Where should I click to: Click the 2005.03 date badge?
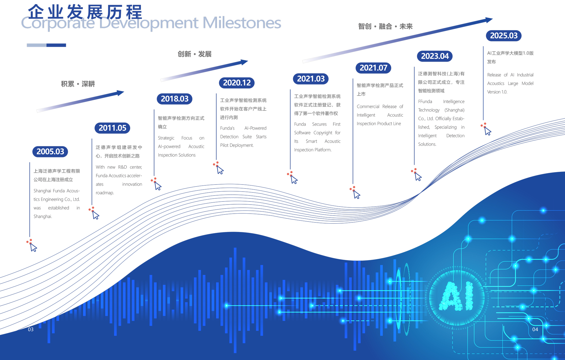coord(50,151)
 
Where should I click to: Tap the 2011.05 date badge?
coord(112,128)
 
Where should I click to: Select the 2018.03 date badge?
coord(175,99)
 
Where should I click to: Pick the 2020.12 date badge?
coord(237,83)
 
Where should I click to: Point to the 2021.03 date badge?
coord(311,79)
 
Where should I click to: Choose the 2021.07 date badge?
coord(373,68)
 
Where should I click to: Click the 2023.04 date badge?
coord(435,56)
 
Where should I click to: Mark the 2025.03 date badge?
coord(504,36)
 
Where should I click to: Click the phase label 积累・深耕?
coord(78,84)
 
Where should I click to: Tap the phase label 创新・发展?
coord(195,54)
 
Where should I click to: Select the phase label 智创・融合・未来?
coord(385,26)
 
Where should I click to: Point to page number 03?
coord(31,329)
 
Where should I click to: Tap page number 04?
coord(535,329)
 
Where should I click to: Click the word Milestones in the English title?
coord(242,23)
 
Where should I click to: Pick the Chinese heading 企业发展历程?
coord(85,12)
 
